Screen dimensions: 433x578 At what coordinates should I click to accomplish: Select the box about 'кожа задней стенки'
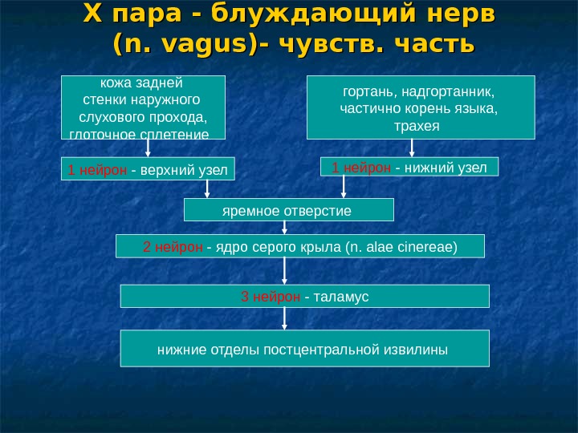(143, 107)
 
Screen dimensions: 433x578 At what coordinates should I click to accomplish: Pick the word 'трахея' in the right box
(421, 126)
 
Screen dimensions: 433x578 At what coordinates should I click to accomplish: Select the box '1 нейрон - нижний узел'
(409, 166)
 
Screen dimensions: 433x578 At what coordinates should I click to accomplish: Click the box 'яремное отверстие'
(289, 210)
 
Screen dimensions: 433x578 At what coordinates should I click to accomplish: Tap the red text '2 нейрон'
(173, 247)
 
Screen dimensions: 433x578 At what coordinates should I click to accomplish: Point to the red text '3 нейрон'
(271, 297)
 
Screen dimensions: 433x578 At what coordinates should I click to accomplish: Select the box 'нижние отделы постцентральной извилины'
(304, 349)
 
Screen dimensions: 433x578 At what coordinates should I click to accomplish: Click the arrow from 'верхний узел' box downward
(209, 189)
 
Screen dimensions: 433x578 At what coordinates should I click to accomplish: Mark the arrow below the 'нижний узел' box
(345, 188)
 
